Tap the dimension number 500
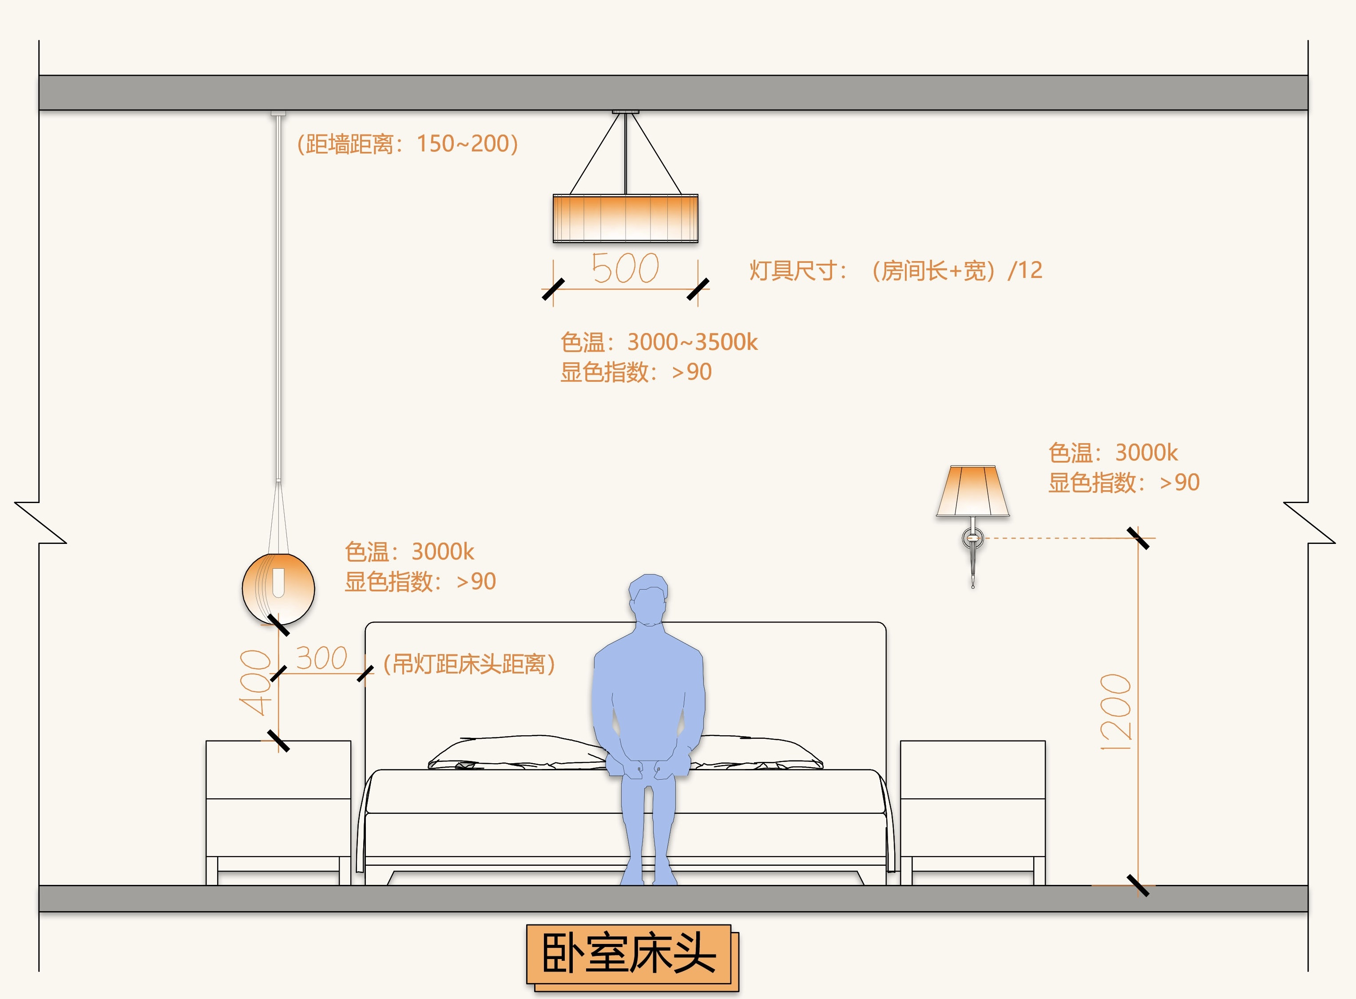click(625, 269)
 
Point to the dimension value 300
click(321, 658)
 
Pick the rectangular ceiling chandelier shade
click(625, 218)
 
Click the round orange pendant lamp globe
click(278, 588)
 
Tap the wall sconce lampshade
click(972, 491)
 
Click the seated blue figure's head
click(648, 599)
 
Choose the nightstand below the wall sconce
click(972, 810)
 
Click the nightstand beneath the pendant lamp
click(278, 810)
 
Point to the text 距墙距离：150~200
click(408, 144)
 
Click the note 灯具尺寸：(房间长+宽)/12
click(896, 270)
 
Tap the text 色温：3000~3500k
click(658, 342)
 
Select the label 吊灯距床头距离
click(469, 664)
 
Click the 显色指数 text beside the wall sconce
click(1123, 483)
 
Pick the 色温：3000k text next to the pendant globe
click(409, 551)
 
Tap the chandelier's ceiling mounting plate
click(625, 112)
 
